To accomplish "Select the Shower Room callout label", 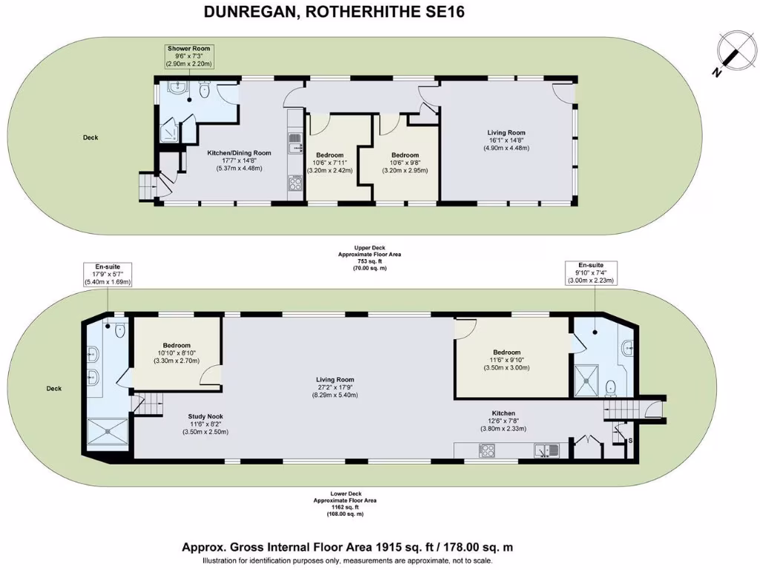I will [188, 56].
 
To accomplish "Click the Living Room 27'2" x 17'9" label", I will [335, 387].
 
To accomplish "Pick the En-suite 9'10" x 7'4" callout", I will [591, 272].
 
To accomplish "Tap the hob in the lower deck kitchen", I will [488, 451].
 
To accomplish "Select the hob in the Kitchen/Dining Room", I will [295, 183].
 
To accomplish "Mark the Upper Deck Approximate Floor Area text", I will [358, 260].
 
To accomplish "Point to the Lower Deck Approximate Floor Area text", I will [344, 507].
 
